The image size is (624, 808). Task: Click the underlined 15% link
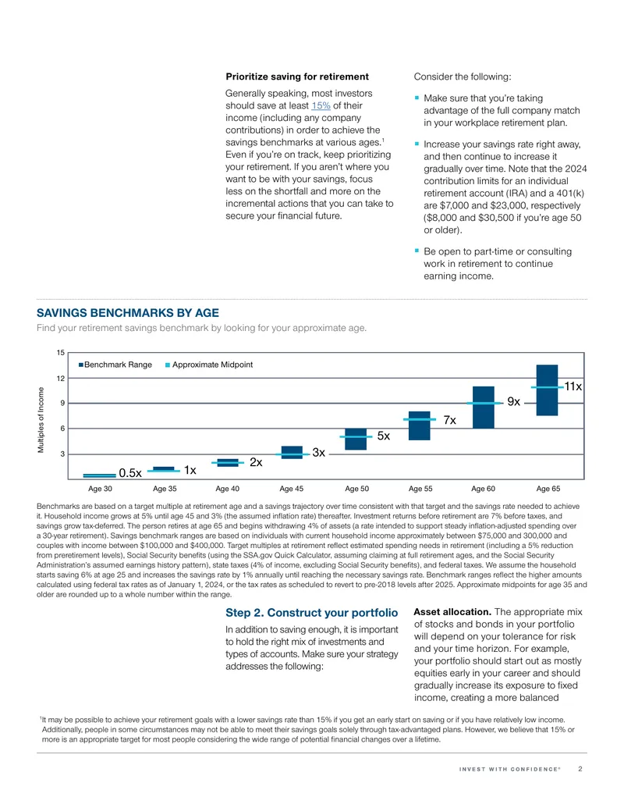pos(321,105)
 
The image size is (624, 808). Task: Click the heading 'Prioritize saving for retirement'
pos(297,77)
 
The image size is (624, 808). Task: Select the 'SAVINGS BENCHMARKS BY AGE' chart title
pos(128,313)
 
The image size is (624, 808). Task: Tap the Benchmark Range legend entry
pos(115,365)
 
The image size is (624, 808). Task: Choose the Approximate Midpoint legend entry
pos(209,365)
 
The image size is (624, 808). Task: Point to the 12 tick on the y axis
pos(61,378)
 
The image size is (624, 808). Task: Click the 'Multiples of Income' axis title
pos(41,420)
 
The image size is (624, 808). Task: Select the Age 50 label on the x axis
pos(356,489)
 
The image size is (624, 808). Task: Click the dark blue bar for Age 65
pos(547,390)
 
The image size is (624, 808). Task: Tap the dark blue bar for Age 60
pos(484,407)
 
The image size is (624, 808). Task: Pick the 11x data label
pos(573,386)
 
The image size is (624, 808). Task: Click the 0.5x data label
pos(130,473)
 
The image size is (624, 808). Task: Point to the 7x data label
pos(450,421)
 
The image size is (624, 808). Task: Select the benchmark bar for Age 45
pos(292,453)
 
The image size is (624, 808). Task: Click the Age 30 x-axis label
pos(100,489)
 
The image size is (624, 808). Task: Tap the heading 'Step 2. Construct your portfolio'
pos(311,613)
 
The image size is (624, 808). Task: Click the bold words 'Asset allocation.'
pos(452,612)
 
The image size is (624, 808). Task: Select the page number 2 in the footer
pos(580,769)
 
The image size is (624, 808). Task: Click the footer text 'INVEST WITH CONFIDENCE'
pos(509,769)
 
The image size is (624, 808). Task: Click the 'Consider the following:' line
pos(463,77)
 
